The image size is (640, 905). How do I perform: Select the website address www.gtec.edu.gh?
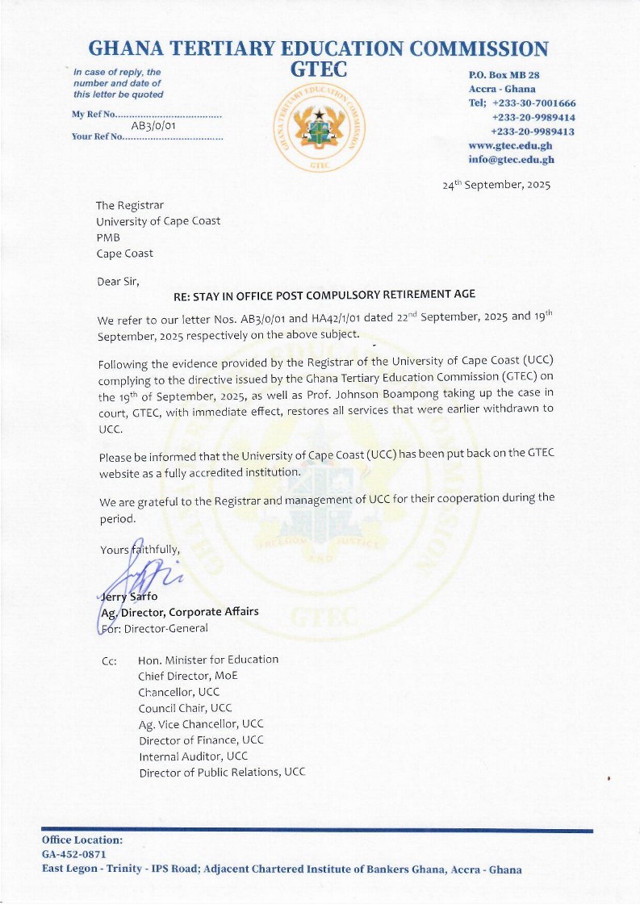510,145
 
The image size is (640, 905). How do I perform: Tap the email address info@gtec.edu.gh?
511,159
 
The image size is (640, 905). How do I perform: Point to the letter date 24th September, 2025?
496,185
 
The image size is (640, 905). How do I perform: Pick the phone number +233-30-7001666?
533,103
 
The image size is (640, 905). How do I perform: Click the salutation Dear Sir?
118,281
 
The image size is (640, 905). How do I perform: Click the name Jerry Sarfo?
128,597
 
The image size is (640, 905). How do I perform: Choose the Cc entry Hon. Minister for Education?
208,660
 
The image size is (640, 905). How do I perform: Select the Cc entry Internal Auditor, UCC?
193,756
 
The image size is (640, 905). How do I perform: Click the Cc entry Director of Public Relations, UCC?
222,773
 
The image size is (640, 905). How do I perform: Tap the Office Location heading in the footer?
82,840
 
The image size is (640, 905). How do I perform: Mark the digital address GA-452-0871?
73,854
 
